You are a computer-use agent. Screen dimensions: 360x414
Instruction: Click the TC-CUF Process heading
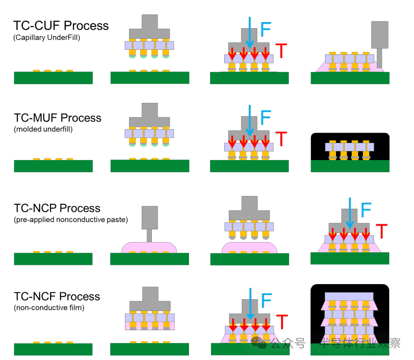[61, 26]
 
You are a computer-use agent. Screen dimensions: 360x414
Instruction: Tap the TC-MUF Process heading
[57, 118]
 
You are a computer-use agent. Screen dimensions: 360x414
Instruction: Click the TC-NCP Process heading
[57, 208]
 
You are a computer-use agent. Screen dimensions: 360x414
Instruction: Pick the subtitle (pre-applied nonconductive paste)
[71, 220]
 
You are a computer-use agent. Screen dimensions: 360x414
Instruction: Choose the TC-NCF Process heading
[57, 296]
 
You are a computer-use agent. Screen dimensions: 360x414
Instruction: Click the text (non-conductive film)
[49, 308]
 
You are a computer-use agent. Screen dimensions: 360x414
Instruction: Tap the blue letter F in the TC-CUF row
[265, 29]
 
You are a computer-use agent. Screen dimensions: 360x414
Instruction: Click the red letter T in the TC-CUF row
[281, 51]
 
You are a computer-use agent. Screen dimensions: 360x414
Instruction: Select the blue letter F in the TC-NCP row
[366, 210]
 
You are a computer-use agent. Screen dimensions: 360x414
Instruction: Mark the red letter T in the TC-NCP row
[381, 231]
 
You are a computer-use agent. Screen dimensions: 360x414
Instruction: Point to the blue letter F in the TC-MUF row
[265, 118]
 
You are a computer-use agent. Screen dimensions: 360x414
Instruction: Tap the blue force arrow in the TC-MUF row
[250, 120]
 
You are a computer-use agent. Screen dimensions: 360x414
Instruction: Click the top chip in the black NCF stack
[349, 296]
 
